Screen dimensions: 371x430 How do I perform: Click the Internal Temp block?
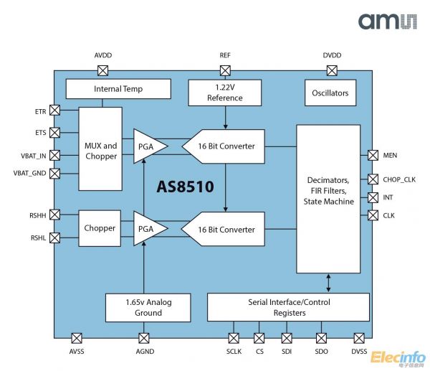pos(118,90)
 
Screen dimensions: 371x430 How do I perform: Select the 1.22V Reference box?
pos(225,93)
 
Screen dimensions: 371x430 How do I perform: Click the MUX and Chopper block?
pos(100,150)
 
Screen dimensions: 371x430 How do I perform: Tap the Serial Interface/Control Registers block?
pos(289,307)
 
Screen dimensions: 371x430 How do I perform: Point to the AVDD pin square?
pos(102,70)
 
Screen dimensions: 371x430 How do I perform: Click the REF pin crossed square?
pos(225,70)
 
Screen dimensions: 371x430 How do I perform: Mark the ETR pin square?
pos(54,111)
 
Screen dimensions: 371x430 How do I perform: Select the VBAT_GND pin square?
pos(54,173)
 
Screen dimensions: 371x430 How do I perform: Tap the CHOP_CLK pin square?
pos(373,179)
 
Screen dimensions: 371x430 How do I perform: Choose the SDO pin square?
pos(322,338)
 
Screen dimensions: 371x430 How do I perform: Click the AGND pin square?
pos(143,338)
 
